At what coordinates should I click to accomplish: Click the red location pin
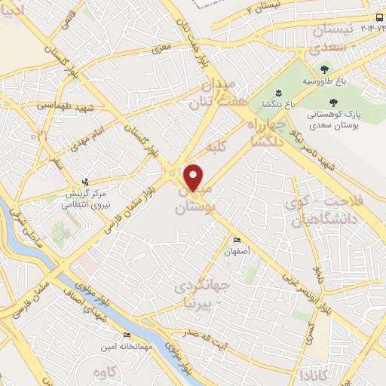click(194, 177)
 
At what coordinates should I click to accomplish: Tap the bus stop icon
click(377, 19)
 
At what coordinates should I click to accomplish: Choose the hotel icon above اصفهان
click(238, 240)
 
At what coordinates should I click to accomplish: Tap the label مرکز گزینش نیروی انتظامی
click(91, 197)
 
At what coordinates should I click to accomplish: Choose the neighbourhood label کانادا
click(312, 375)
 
